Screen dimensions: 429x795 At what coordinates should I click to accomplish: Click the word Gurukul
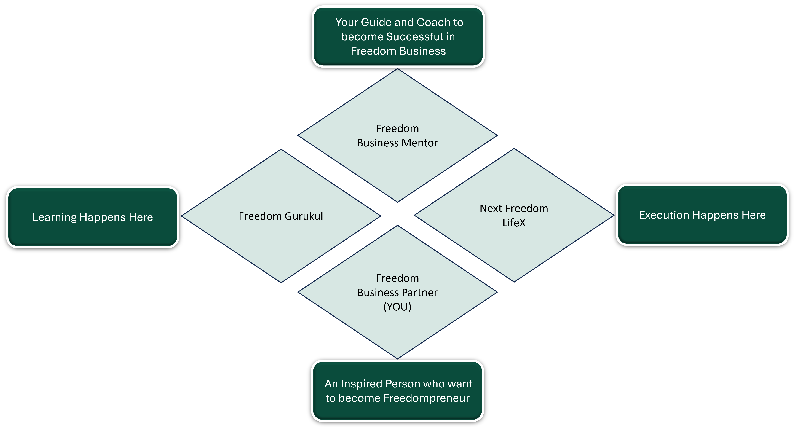(x=304, y=216)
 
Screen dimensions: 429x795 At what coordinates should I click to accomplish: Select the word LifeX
(x=514, y=223)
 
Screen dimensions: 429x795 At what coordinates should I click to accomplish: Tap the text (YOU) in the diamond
(x=397, y=307)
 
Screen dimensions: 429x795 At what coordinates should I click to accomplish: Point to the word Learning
(x=54, y=217)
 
